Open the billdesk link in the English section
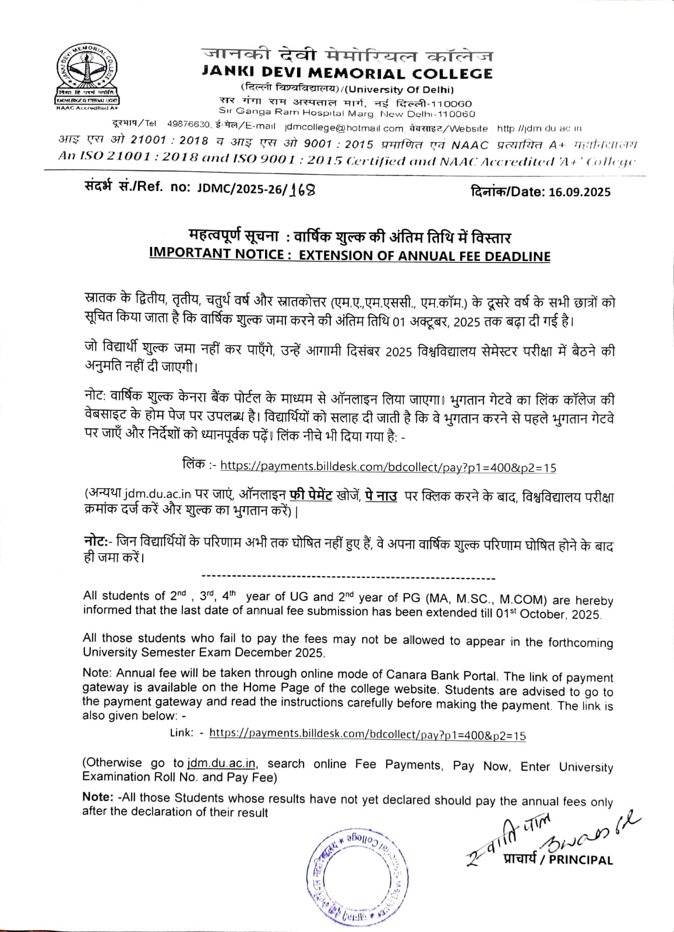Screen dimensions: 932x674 [367, 735]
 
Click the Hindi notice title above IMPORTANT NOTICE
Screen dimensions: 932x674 [350, 237]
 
